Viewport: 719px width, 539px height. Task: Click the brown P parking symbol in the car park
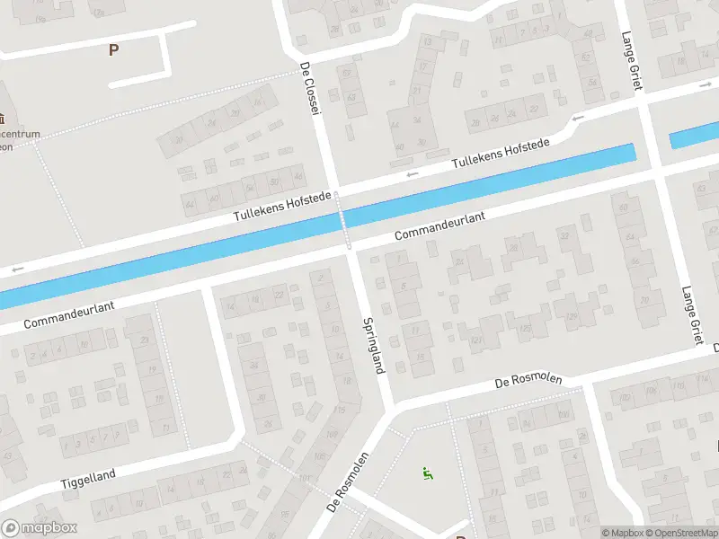113,50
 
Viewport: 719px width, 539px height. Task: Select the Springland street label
375,344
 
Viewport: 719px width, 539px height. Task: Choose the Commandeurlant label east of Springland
439,225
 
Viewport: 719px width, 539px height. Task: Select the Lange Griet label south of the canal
691,314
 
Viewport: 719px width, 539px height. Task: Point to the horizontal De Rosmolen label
528,381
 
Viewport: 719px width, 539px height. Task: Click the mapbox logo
40,528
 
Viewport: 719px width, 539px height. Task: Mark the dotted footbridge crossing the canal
343,217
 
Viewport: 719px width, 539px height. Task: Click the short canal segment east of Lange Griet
694,137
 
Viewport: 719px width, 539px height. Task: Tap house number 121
476,339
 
